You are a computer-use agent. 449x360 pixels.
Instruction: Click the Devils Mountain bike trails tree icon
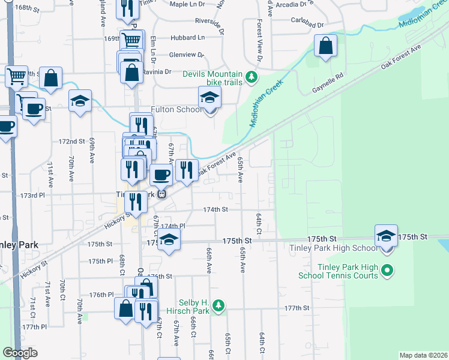(252, 77)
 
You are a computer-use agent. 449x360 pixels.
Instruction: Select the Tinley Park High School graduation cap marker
(387, 236)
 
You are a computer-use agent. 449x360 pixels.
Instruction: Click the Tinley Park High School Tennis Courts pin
(387, 271)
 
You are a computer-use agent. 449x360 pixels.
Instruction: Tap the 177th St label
(297, 308)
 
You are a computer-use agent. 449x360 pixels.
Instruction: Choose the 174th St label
(215, 209)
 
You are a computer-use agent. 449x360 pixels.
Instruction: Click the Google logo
(20, 353)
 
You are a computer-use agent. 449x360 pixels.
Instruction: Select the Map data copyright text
(423, 355)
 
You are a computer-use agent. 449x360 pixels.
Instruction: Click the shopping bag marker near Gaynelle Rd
(325, 46)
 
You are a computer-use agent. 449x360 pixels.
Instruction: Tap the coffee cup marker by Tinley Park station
(161, 175)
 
